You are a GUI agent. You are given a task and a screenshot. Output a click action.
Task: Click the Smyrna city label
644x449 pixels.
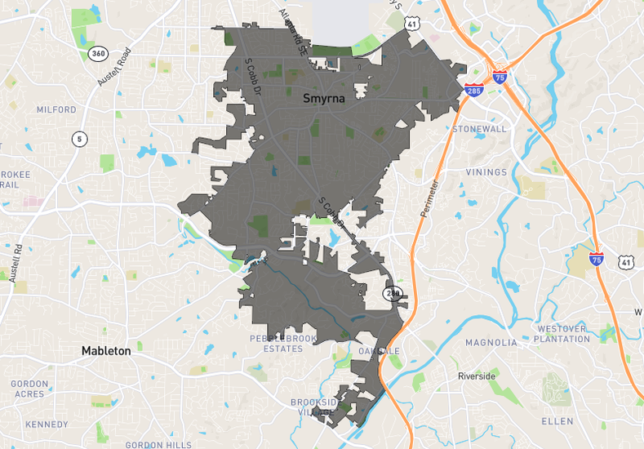point(324,99)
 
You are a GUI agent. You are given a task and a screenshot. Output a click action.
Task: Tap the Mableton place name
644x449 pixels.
point(106,351)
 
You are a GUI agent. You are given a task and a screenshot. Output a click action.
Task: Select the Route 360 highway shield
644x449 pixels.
point(98,53)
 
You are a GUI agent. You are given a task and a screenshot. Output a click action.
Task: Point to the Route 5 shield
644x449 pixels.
point(79,139)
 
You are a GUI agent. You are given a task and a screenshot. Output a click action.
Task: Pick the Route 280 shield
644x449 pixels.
point(395,292)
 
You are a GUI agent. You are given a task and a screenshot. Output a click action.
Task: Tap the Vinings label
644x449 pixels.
point(486,172)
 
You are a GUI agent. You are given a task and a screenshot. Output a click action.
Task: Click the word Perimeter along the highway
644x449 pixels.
point(431,200)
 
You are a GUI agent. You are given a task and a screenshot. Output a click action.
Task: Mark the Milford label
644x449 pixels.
point(56,109)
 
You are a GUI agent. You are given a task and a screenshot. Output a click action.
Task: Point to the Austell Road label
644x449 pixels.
point(114,67)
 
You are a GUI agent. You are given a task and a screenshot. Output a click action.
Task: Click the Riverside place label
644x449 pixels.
point(477,376)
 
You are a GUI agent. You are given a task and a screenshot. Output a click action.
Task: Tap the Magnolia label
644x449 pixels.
point(491,343)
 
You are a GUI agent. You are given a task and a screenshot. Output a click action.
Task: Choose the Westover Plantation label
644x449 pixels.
point(561,334)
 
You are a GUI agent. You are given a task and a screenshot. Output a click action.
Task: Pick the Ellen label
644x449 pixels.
point(557,421)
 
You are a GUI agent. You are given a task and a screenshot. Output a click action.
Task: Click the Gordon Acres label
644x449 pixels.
point(29,389)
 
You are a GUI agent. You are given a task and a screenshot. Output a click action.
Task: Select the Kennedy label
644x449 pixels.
point(47,425)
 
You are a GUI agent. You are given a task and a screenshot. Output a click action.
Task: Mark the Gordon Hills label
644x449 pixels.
point(158,445)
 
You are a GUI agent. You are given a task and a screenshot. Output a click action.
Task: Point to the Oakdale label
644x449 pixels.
point(380,351)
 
